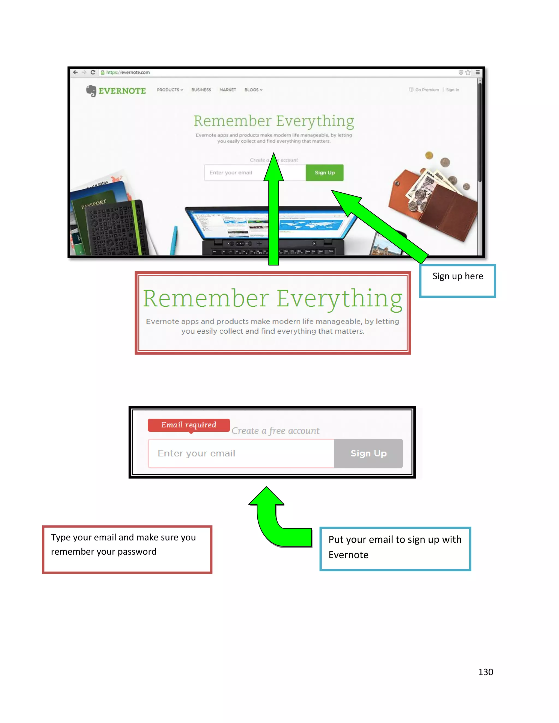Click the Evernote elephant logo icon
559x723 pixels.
(91, 90)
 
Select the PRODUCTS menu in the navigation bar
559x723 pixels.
(170, 90)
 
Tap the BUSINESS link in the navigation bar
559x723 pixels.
(201, 90)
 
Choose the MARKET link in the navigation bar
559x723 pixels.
(228, 90)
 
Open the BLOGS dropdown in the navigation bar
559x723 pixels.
(253, 90)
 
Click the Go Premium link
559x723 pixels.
(427, 90)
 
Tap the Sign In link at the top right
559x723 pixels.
(452, 90)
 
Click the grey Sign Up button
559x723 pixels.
(368, 453)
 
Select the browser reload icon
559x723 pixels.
(93, 72)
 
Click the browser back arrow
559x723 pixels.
(76, 72)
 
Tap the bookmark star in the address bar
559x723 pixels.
(468, 72)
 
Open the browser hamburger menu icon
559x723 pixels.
(478, 72)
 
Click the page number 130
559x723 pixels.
(486, 672)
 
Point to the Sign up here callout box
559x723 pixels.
(457, 281)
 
